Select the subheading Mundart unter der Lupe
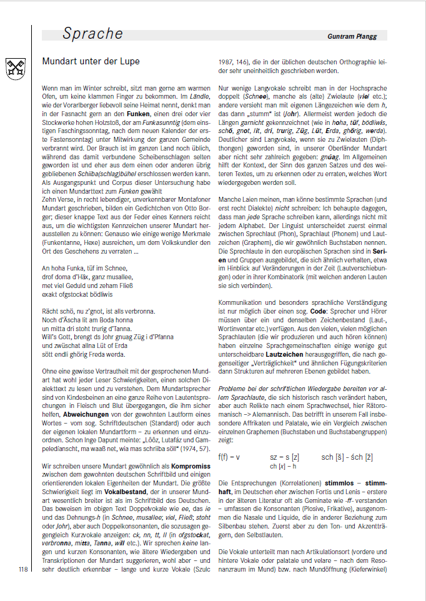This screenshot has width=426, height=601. tap(91, 61)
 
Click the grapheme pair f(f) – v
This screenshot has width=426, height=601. tap(230, 439)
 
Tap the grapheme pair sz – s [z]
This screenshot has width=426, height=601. tap(285, 439)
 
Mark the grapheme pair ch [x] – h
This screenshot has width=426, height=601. tap(283, 449)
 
